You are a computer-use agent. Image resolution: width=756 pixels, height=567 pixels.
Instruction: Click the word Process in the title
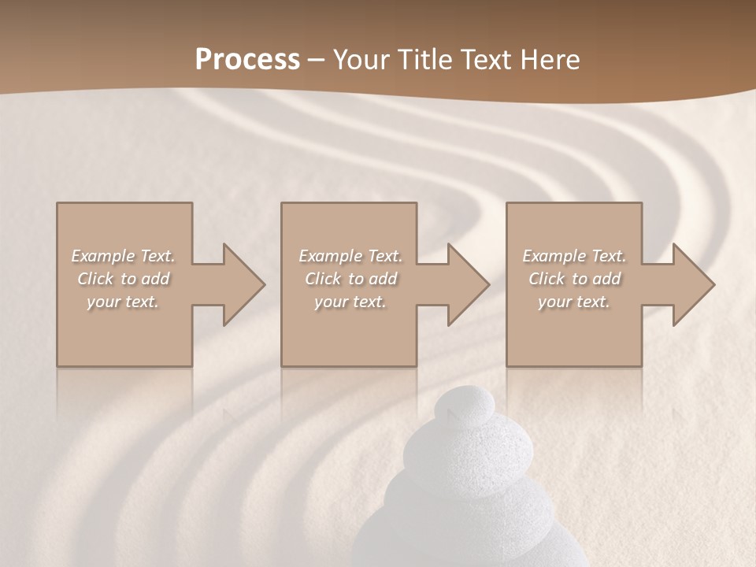coord(247,60)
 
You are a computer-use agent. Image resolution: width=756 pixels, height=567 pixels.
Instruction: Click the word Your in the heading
coord(361,60)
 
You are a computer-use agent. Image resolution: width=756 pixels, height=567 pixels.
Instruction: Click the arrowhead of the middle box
coord(468,284)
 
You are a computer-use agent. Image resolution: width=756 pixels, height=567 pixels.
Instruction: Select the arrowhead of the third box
coord(693,284)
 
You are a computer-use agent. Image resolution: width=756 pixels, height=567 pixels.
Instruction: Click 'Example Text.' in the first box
coord(123,256)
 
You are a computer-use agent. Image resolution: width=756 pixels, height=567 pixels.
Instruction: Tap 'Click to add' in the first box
coord(123,279)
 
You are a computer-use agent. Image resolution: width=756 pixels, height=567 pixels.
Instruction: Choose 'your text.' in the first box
coord(123,302)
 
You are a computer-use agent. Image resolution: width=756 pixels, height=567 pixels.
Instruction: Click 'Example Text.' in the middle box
coord(350,256)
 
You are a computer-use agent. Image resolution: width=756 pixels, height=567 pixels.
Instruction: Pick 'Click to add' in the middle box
coord(350,279)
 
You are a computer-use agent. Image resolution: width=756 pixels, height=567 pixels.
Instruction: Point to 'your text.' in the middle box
coord(350,302)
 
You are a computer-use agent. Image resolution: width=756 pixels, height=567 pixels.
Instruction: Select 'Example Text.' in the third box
coord(574,256)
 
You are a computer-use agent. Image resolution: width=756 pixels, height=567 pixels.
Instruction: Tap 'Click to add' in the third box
coord(574,279)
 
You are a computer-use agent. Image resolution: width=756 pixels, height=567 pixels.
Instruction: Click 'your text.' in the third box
coord(574,302)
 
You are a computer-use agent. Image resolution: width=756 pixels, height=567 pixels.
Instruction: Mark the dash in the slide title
coord(316,61)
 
